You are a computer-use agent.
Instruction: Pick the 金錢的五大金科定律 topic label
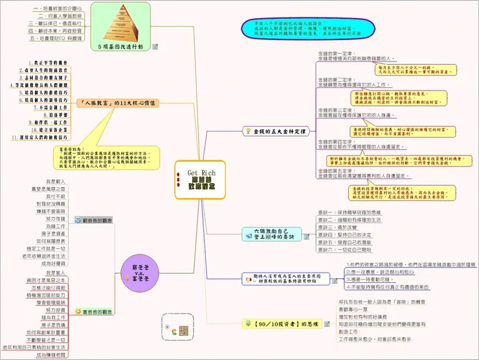coord(279,131)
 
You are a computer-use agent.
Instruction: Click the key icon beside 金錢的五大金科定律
coord(247,131)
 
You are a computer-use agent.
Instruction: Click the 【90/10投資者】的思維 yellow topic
coord(279,324)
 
